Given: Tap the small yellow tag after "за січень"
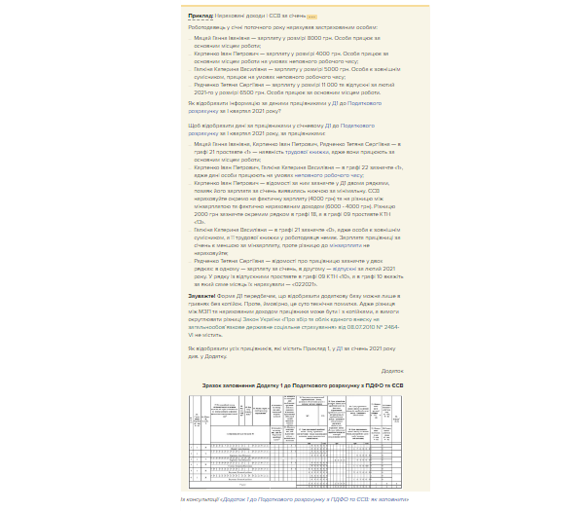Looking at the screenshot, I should [x=311, y=17].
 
